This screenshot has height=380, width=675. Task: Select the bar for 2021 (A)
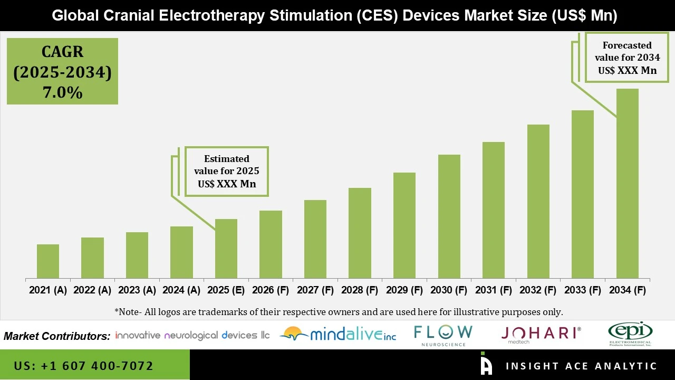click(x=48, y=261)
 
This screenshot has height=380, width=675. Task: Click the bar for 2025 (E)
click(x=226, y=249)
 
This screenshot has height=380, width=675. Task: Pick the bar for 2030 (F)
click(x=449, y=216)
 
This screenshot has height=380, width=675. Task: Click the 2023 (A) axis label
click(x=137, y=290)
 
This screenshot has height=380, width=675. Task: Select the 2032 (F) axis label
click(x=538, y=290)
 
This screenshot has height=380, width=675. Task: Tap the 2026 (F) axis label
click(x=271, y=290)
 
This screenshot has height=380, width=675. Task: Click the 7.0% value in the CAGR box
click(x=62, y=93)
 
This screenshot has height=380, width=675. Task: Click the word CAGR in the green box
click(x=62, y=52)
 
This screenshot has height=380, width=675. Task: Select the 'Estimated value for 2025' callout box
click(x=227, y=172)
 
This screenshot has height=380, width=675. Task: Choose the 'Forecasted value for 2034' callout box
click(x=627, y=58)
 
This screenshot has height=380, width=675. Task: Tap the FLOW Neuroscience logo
click(x=443, y=335)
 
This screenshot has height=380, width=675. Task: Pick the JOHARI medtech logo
click(x=541, y=334)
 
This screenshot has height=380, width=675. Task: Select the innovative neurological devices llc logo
click(x=192, y=335)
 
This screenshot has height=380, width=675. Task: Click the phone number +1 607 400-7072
click(x=84, y=366)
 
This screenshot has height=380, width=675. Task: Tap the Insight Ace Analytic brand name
click(x=581, y=366)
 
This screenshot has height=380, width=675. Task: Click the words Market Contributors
click(x=57, y=336)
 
